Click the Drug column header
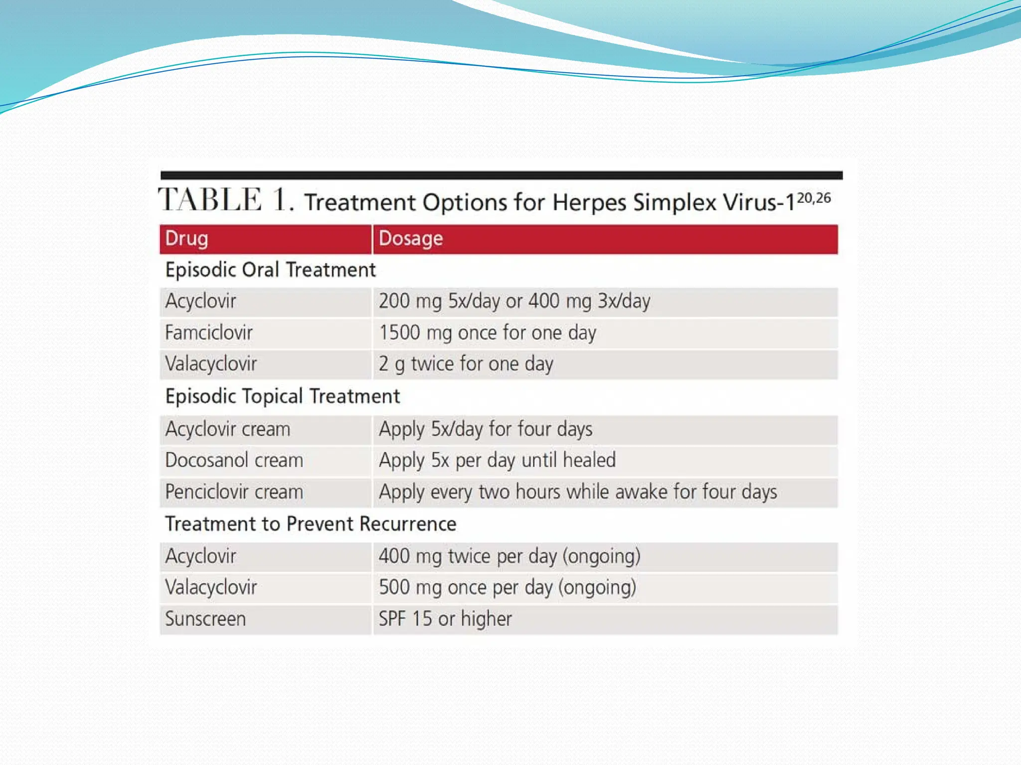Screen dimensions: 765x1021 tap(186, 239)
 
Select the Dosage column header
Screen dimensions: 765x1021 tap(410, 239)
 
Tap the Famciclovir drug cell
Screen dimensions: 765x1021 tap(208, 333)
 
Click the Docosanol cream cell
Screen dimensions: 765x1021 tap(234, 460)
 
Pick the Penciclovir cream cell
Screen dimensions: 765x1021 tap(234, 492)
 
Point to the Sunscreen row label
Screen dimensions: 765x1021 tap(205, 619)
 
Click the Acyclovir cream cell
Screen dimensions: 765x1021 tap(227, 429)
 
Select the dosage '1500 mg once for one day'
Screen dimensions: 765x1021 tap(487, 333)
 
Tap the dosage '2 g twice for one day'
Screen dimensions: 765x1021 tap(466, 364)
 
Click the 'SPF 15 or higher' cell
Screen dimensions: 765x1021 tap(445, 619)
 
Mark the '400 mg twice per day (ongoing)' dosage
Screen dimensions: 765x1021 tap(509, 556)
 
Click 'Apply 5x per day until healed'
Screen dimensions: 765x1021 tap(497, 460)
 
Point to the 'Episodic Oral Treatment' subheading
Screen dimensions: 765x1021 tap(270, 270)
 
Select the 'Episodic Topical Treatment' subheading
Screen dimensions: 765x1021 tap(282, 396)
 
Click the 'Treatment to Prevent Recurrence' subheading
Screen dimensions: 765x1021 tap(311, 524)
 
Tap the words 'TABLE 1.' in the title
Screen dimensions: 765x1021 tap(225, 200)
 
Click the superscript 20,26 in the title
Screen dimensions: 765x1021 tap(814, 198)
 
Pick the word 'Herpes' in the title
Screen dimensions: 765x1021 tap(589, 203)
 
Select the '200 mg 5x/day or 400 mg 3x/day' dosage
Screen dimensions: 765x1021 tap(514, 301)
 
